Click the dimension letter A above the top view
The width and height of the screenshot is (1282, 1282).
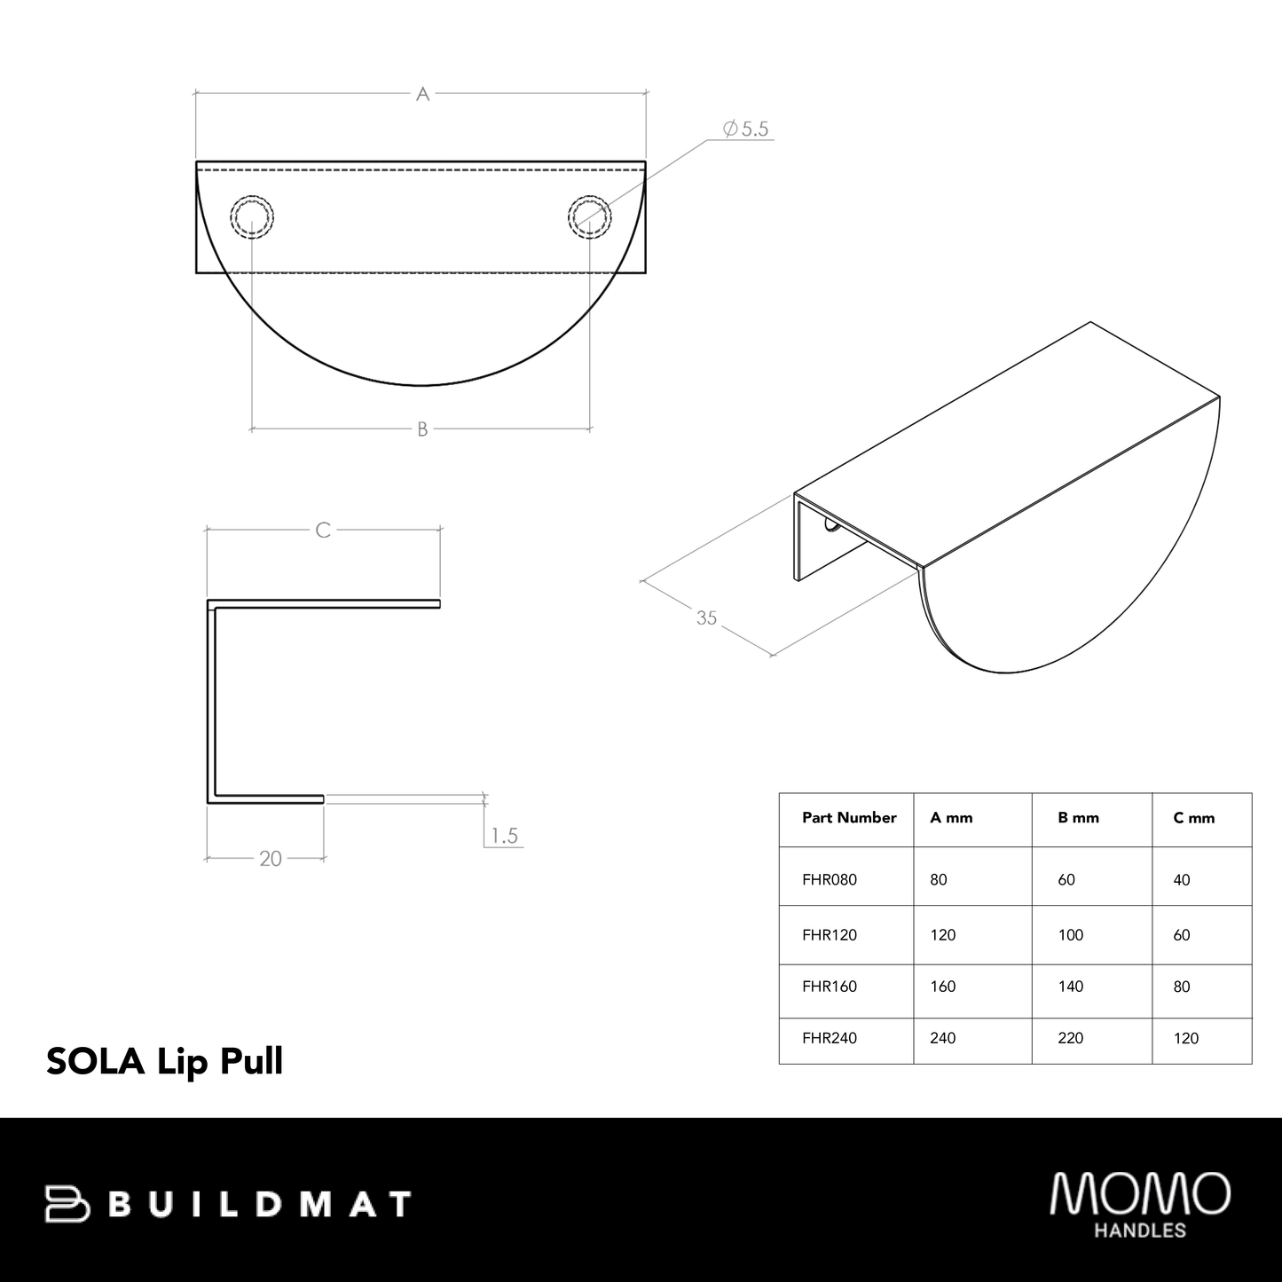pos(422,94)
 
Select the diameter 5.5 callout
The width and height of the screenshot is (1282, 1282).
pos(746,130)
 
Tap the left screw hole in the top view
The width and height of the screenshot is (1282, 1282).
pos(252,216)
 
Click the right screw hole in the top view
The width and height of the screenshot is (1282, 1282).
pos(588,216)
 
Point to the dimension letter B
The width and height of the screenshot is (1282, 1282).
pos(422,429)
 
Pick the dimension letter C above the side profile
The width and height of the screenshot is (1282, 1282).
pos(323,530)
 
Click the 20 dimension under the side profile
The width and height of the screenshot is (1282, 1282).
pos(271,859)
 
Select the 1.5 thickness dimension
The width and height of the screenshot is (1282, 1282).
pos(503,836)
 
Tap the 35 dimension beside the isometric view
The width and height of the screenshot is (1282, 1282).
pos(706,617)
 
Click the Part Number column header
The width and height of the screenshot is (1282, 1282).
pos(849,818)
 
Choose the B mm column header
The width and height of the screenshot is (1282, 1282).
pos(1078,818)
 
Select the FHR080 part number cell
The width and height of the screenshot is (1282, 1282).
pos(830,880)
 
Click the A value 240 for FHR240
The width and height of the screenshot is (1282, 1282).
pos(942,1038)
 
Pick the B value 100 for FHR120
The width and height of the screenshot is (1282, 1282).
pos(1071,935)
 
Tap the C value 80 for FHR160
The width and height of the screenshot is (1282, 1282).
pos(1181,987)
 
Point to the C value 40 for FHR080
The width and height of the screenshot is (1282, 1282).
pos(1181,880)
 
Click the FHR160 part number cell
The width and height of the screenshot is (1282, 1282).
pos(830,987)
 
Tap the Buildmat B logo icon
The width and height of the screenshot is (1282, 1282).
pos(67,1204)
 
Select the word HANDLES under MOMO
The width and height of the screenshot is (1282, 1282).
pos(1140,1231)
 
